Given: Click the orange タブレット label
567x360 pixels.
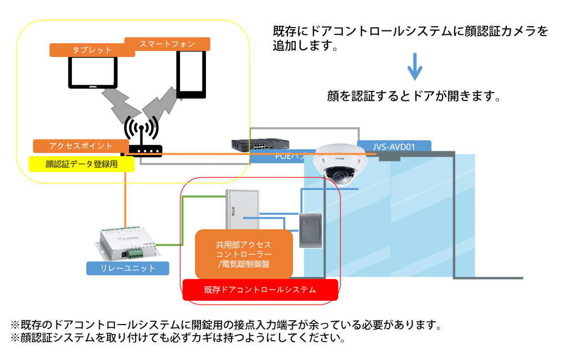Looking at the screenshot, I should [92, 50].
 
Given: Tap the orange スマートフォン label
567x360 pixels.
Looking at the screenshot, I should [167, 43].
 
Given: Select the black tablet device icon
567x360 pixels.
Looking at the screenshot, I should [92, 73].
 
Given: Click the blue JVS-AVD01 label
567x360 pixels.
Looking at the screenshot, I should [394, 146].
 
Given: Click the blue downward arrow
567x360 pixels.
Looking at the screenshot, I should [415, 67].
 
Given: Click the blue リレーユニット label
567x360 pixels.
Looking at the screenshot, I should [127, 269].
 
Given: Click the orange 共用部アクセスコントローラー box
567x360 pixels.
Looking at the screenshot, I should [244, 254].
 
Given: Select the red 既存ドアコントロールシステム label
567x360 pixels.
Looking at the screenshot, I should [260, 289].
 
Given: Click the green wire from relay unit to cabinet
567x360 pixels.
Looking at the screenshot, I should [183, 222].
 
